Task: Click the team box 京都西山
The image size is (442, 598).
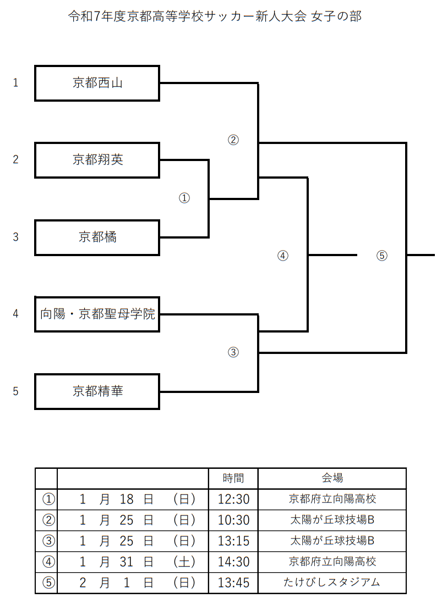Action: coord(97,83)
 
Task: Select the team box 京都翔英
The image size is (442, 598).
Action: coord(97,160)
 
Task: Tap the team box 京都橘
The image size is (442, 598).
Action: coord(97,237)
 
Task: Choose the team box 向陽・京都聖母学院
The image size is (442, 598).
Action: coord(97,314)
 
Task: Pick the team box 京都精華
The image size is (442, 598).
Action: coord(97,391)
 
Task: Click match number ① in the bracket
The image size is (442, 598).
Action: coord(184,198)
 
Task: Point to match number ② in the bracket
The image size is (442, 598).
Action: coord(233,140)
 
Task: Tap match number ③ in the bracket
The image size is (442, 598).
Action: coord(233,352)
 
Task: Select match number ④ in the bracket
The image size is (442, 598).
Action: coord(282,256)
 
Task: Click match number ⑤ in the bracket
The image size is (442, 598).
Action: coord(382,256)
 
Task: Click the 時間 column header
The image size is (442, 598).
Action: coord(233,478)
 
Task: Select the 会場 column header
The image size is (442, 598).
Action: coord(332,478)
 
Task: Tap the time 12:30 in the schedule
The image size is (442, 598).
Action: coord(233,499)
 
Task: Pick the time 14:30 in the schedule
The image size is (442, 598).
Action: coord(233,562)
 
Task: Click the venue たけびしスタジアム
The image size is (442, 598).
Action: coord(332,583)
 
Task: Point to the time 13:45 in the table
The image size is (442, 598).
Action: coord(233,583)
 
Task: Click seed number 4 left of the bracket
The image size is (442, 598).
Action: coord(16,314)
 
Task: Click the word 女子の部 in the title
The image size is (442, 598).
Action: coord(336,16)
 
